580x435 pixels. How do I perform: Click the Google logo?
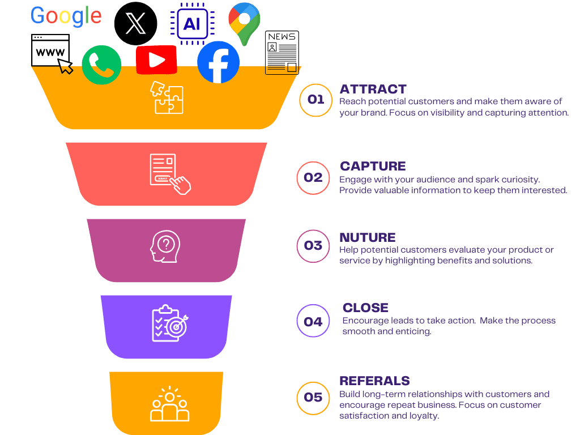coord(66,16)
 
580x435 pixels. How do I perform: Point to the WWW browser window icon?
coord(52,53)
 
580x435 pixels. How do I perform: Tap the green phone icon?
coord(101,65)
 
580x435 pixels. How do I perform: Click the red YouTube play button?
coord(156,60)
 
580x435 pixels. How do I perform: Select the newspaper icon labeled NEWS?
coord(282,53)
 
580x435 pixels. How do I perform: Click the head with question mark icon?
coord(165,246)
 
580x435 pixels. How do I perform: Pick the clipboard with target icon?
coord(169,323)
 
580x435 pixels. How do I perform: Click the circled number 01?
coord(315,100)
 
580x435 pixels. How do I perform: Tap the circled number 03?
coord(313,246)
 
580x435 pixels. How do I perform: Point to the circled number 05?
coord(313,397)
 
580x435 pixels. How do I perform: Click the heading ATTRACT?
coord(373,89)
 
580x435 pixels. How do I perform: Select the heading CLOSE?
coord(365,308)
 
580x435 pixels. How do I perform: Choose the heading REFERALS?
coord(374,381)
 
